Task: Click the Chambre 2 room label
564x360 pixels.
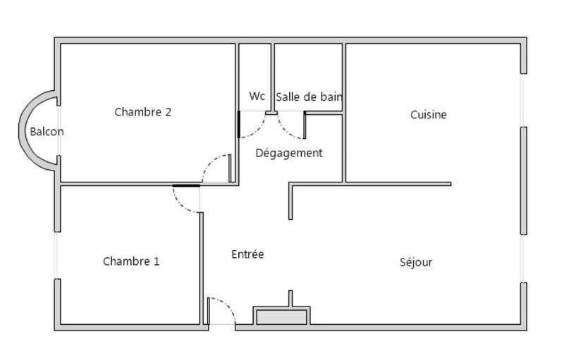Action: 142,111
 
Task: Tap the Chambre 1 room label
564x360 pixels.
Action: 131,261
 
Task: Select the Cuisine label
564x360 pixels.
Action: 429,115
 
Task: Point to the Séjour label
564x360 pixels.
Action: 416,262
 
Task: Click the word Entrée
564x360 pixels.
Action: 247,254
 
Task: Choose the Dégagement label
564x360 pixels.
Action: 288,153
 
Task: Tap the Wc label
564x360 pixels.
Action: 257,97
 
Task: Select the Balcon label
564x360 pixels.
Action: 47,132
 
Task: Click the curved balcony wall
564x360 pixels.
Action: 23,131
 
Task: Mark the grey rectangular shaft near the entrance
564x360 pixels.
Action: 281,317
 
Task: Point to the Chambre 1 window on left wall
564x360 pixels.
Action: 56,255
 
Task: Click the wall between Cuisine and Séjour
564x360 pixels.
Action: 395,184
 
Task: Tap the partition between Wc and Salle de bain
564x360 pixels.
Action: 272,77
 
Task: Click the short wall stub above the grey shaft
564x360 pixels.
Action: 290,298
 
